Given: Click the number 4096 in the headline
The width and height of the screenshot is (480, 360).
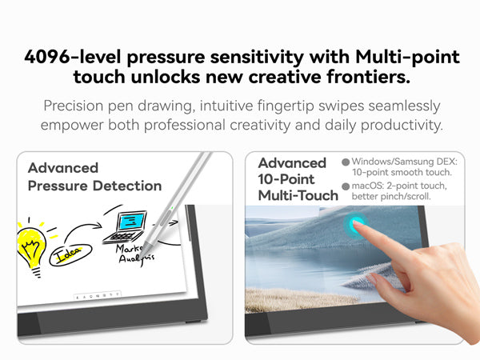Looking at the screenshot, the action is click(x=47, y=57).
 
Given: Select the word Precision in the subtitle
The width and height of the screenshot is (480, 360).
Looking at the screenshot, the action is click(x=73, y=106).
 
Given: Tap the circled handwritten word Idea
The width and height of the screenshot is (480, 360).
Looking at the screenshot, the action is click(x=70, y=254).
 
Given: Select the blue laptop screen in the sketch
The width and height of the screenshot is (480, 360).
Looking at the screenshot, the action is click(x=132, y=222).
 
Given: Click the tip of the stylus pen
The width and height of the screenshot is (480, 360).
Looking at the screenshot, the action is click(x=142, y=258).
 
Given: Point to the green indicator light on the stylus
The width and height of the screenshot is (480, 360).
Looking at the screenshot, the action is click(x=172, y=208).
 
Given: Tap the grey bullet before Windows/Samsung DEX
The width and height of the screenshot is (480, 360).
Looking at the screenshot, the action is click(x=346, y=162).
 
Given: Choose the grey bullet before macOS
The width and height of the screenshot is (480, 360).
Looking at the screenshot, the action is click(x=346, y=186).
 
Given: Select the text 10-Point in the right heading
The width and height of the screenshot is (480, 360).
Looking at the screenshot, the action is click(x=286, y=179).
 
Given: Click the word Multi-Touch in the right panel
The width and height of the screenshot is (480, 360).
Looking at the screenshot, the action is click(x=298, y=196).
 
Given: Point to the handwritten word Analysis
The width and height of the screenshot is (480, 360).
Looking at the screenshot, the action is click(x=136, y=259).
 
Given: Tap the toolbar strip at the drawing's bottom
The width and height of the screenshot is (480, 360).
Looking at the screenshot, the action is click(x=98, y=296).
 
